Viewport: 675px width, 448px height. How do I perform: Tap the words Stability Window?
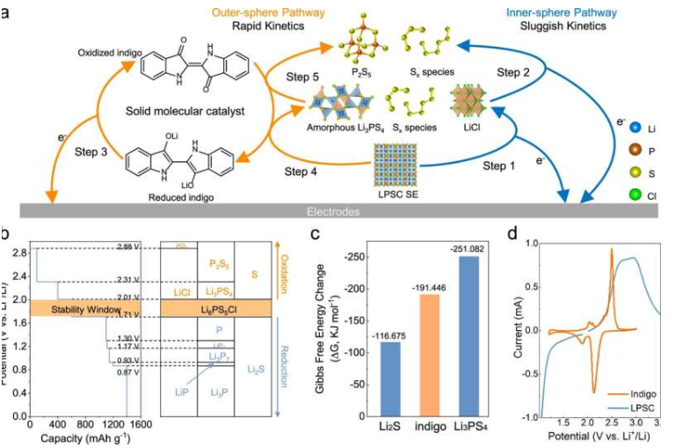(85, 310)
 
